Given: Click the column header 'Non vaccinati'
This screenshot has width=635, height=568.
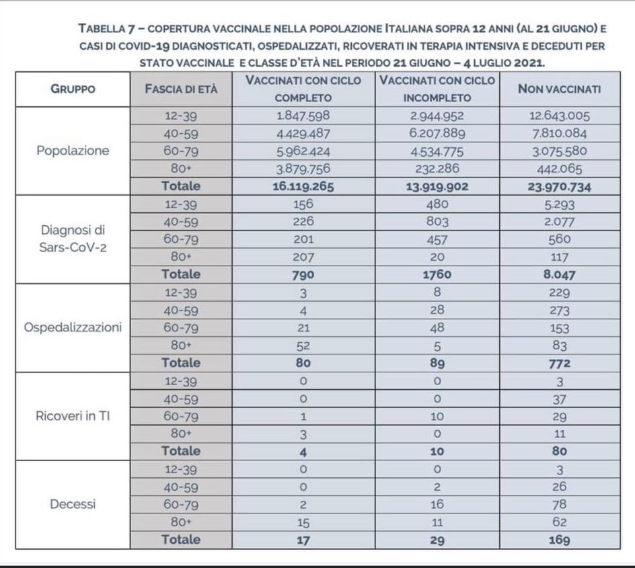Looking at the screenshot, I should (x=559, y=89).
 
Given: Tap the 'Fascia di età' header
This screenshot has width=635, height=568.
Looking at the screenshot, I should (x=181, y=89).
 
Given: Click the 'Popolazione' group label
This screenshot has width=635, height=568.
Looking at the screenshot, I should (x=72, y=151).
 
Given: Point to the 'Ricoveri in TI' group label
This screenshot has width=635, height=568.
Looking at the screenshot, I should (x=72, y=415).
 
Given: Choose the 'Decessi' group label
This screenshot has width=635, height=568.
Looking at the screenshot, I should (x=72, y=503).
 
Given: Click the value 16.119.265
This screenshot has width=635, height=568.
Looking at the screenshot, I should (x=303, y=187).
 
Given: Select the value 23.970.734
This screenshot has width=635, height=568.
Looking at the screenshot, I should (x=559, y=187).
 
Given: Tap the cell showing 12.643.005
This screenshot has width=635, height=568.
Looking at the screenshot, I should (x=559, y=116).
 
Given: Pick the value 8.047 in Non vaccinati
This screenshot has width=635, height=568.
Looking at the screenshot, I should (x=559, y=274).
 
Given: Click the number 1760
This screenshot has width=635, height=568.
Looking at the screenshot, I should (x=437, y=274).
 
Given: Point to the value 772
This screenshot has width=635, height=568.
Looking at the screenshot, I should (x=559, y=363).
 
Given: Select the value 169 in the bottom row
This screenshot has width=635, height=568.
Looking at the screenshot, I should (x=559, y=539).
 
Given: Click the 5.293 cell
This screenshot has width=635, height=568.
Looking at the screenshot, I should (x=559, y=204).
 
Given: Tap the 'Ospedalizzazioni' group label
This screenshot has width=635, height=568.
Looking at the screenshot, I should (x=72, y=327).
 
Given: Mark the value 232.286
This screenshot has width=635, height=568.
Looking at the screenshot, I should (x=437, y=169).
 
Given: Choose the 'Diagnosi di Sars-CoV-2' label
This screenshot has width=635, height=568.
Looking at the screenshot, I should (x=72, y=239).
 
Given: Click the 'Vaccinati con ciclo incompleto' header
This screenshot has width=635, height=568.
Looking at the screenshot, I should (x=437, y=89).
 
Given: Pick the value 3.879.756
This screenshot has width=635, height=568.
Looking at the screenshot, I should (x=303, y=169).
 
